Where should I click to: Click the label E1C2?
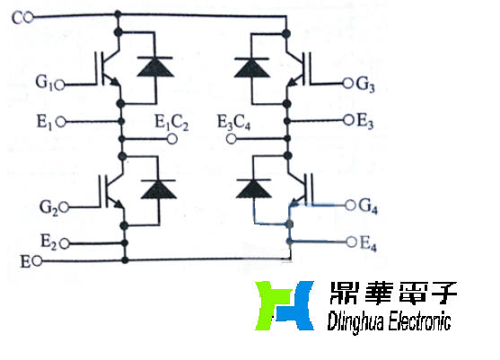point(171,125)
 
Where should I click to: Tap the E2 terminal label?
point(50,241)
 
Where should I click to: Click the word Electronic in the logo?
point(413,321)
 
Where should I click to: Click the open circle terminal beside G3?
point(348,84)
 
